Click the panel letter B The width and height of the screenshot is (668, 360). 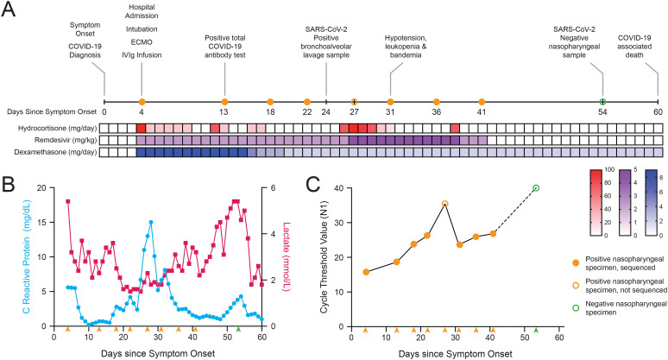click(x=8, y=184)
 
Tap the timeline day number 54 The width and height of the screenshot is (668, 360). click(x=602, y=111)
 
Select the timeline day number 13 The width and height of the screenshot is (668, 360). click(x=224, y=111)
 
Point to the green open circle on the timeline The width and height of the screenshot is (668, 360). click(x=602, y=102)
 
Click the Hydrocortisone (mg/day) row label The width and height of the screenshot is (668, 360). click(x=53, y=128)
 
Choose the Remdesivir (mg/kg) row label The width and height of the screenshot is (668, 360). click(x=57, y=140)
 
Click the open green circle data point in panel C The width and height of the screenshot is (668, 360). click(x=536, y=188)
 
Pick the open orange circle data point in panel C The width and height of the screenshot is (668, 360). click(x=444, y=204)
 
